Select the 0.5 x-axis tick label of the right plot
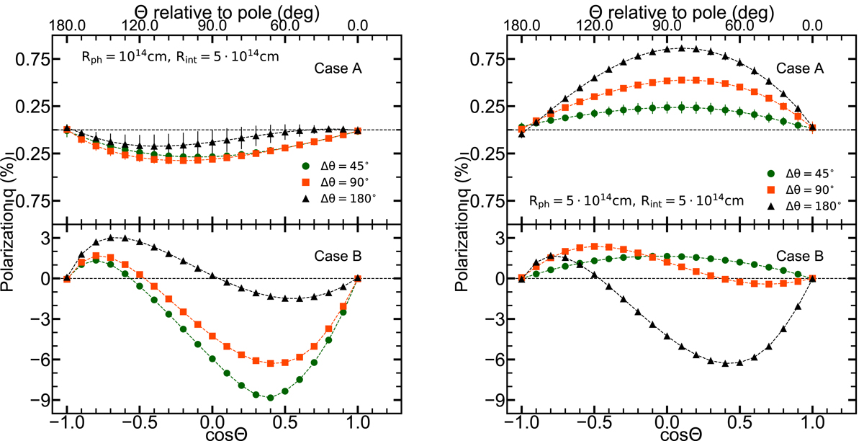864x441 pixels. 740,419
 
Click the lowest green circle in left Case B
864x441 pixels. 270,397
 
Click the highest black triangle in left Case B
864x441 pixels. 110,237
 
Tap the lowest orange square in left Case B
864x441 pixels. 270,364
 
